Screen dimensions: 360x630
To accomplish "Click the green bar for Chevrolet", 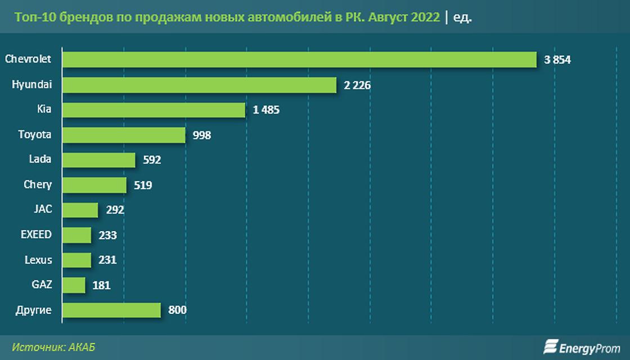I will point(299,60).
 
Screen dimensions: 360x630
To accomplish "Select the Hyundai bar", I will point(200,85).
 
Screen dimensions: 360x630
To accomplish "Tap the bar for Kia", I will point(154,110).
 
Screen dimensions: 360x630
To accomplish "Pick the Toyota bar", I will point(124,135).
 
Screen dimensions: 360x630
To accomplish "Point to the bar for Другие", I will point(111,310).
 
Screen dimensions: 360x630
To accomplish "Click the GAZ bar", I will point(74,285).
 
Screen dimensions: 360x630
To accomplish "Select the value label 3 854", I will point(557,60).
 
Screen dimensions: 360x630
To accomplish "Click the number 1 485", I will point(266,110).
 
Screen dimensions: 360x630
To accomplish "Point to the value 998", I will point(201,135).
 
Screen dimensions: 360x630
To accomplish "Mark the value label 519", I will point(142,185).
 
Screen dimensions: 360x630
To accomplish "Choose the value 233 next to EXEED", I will point(107,235).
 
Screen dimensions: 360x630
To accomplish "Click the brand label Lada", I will point(40,159).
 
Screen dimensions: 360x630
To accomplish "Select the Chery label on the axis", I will point(38,184).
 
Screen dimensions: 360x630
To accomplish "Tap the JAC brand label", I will point(43,209).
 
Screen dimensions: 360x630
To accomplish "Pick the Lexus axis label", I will point(38,260).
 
